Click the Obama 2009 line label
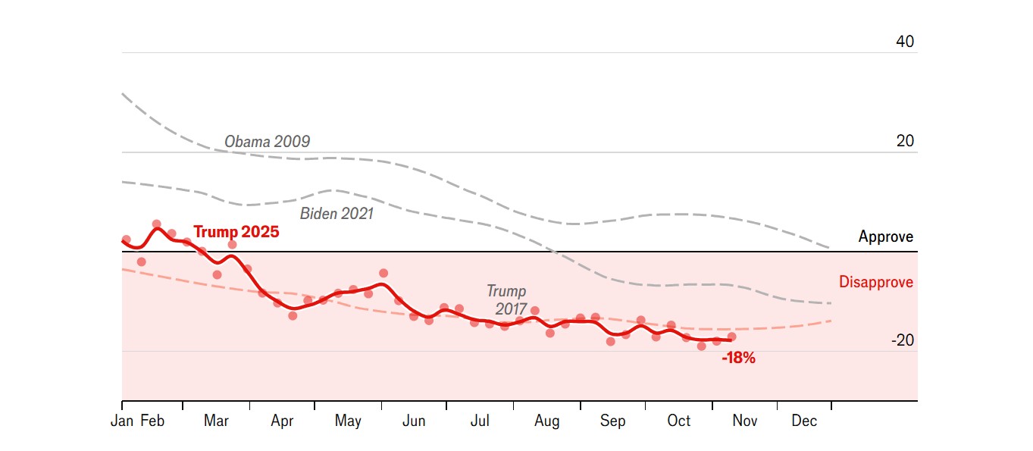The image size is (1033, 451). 267,142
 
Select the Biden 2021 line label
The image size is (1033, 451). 337,214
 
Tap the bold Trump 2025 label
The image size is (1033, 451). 236,232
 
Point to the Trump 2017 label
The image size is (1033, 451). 506,300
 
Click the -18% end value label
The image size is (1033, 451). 738,359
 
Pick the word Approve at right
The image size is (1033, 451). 885,237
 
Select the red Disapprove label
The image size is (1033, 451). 875,283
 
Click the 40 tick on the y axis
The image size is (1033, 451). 905,42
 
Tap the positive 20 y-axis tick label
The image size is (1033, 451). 905,142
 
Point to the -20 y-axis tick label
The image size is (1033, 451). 902,341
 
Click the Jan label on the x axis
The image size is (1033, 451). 122,421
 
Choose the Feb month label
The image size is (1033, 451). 152,421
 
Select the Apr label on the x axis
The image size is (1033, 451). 282,421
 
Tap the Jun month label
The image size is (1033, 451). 414,421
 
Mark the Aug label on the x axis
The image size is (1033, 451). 546,421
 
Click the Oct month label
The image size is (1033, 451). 679,421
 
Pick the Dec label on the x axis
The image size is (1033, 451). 804,421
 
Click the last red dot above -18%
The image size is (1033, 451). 731,337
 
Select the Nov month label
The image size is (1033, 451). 744,421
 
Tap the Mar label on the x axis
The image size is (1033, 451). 216,421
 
